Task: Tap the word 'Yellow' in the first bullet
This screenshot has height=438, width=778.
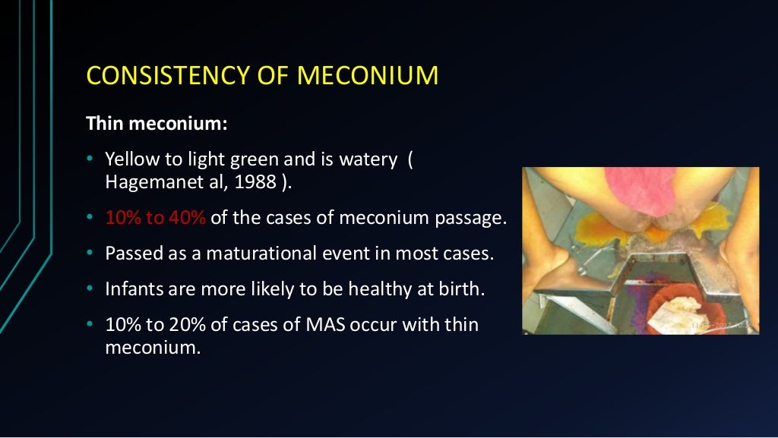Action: (x=128, y=159)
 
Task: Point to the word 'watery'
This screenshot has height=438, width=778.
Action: (x=371, y=159)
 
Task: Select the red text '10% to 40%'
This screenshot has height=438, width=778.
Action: (x=156, y=218)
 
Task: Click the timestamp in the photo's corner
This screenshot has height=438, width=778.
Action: (x=725, y=326)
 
